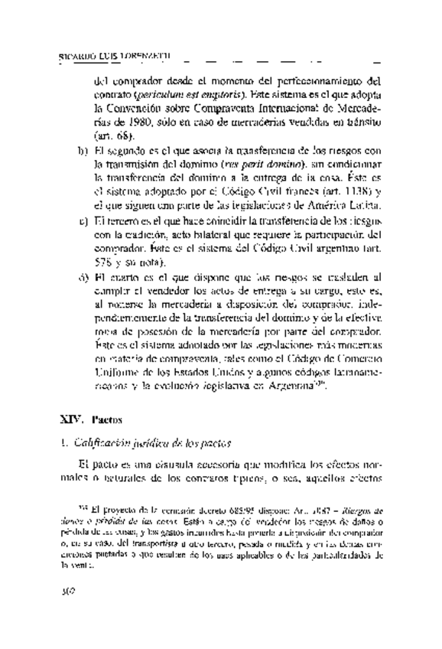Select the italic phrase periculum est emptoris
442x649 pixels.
pyautogui.click(x=173, y=94)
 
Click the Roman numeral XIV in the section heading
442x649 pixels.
pyautogui.click(x=70, y=419)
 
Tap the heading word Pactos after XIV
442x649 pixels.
pyautogui.click(x=104, y=420)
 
